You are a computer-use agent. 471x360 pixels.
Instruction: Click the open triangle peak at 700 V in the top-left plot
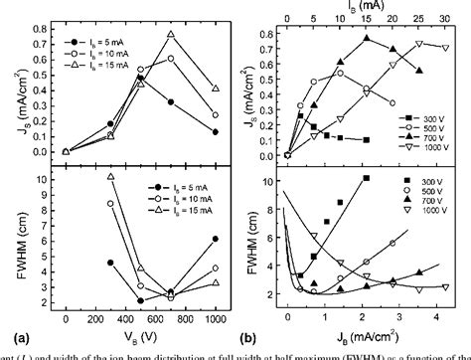[170, 36]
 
